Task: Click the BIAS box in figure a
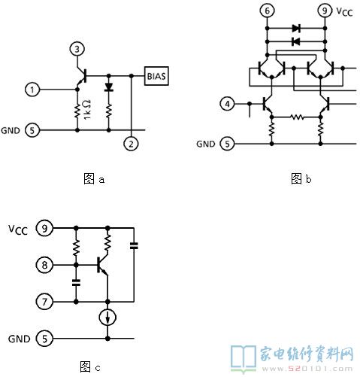[x=156, y=76]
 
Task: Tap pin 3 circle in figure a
[x=77, y=49]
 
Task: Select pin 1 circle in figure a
[x=32, y=90]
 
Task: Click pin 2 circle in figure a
[x=131, y=144]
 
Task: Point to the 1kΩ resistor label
[x=87, y=110]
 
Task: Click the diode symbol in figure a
[x=109, y=87]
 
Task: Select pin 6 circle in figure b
[x=267, y=11]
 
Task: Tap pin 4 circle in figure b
[x=228, y=104]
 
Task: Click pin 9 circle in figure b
[x=325, y=11]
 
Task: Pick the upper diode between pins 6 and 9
[x=296, y=29]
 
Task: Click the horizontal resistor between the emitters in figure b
[x=297, y=117]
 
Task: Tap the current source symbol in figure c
[x=107, y=318]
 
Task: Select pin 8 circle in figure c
[x=44, y=265]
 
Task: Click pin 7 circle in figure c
[x=44, y=302]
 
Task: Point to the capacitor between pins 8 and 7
[x=76, y=283]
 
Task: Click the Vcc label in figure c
[x=18, y=230]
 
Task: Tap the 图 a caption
[x=94, y=179]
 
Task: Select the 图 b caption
[x=301, y=179]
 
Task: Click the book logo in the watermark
[x=244, y=359]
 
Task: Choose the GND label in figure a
[x=11, y=131]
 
